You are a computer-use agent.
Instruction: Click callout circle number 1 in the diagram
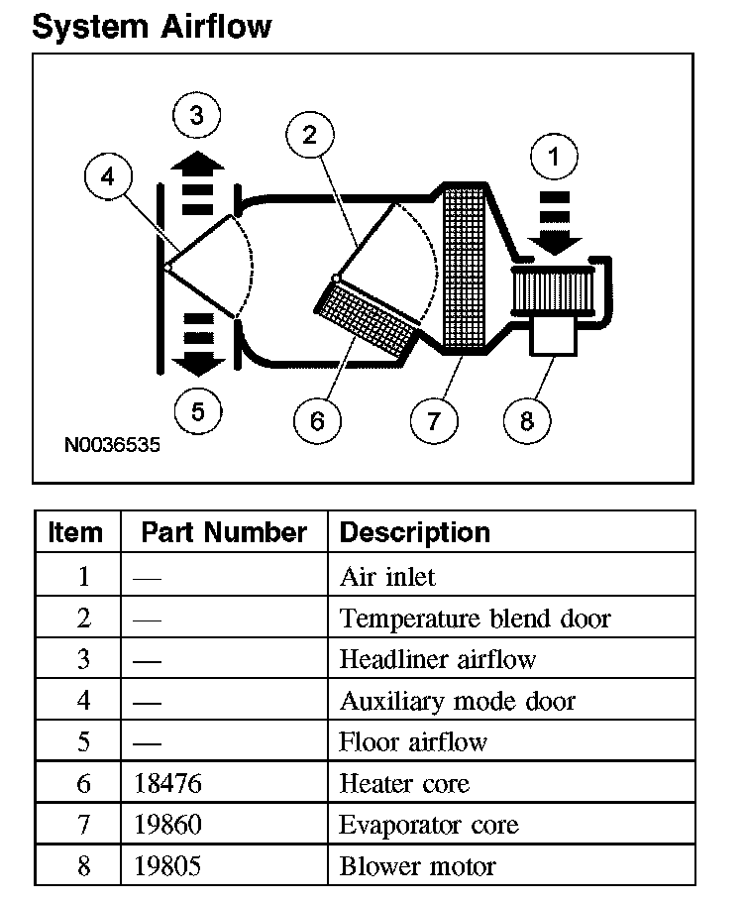(x=554, y=157)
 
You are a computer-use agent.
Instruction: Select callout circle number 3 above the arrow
(x=197, y=117)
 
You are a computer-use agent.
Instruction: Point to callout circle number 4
(x=108, y=177)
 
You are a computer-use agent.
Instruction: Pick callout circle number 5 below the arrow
(x=197, y=411)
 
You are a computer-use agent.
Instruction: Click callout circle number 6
(x=317, y=421)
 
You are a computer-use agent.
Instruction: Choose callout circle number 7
(x=433, y=421)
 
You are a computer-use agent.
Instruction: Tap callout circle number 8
(x=526, y=421)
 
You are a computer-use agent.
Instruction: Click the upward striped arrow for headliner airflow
(x=199, y=182)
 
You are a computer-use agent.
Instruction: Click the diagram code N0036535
(x=112, y=445)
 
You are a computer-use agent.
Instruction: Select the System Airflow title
(x=151, y=26)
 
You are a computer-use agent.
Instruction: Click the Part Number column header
(x=223, y=532)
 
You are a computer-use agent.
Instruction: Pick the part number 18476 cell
(x=167, y=784)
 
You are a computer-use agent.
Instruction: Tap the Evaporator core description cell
(x=428, y=825)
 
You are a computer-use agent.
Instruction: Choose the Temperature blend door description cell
(x=475, y=619)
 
